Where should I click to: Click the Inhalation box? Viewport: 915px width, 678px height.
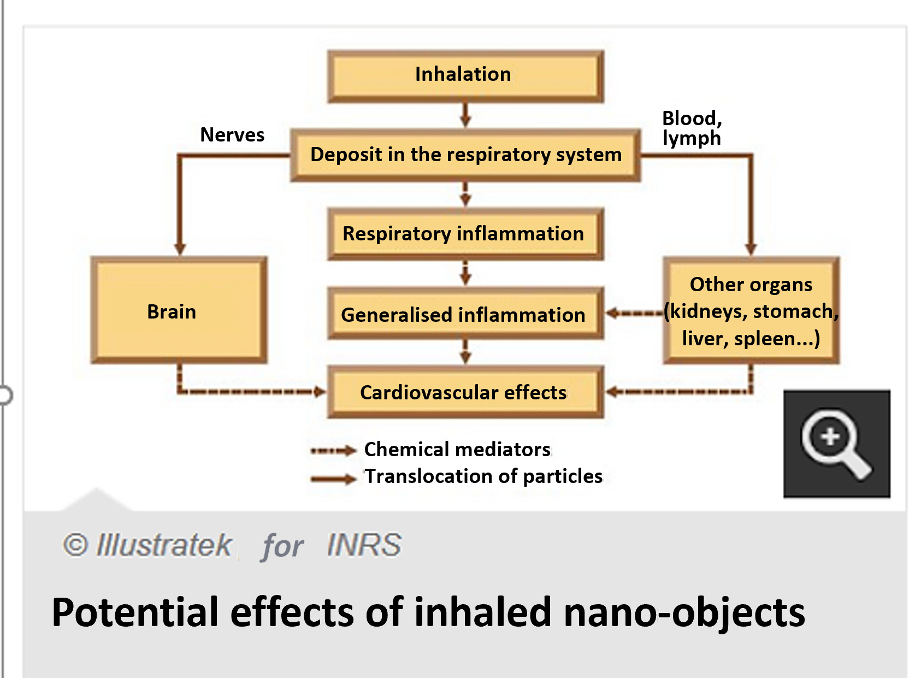click(465, 75)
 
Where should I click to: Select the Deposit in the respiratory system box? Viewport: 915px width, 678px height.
click(465, 155)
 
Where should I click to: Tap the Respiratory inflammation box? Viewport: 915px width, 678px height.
click(465, 234)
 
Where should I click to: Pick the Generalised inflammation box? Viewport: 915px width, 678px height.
click(465, 314)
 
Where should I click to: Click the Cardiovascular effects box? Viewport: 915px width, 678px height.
click(465, 392)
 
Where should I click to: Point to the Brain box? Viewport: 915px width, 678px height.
click(179, 310)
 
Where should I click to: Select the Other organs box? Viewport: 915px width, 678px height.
click(751, 310)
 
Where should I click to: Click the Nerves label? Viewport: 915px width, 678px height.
click(232, 135)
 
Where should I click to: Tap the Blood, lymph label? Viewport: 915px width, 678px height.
click(692, 128)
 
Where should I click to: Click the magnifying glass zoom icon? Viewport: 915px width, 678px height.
click(836, 444)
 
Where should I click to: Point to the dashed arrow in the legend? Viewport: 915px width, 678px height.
click(333, 451)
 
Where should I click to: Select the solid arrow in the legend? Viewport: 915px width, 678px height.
click(333, 479)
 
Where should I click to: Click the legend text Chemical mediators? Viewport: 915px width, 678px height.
click(457, 450)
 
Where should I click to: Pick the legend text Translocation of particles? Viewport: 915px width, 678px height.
click(483, 476)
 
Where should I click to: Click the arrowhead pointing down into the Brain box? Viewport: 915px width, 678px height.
click(180, 248)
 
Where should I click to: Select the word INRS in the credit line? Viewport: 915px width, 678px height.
click(364, 545)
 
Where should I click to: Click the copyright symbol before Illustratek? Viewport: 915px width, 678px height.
click(75, 545)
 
